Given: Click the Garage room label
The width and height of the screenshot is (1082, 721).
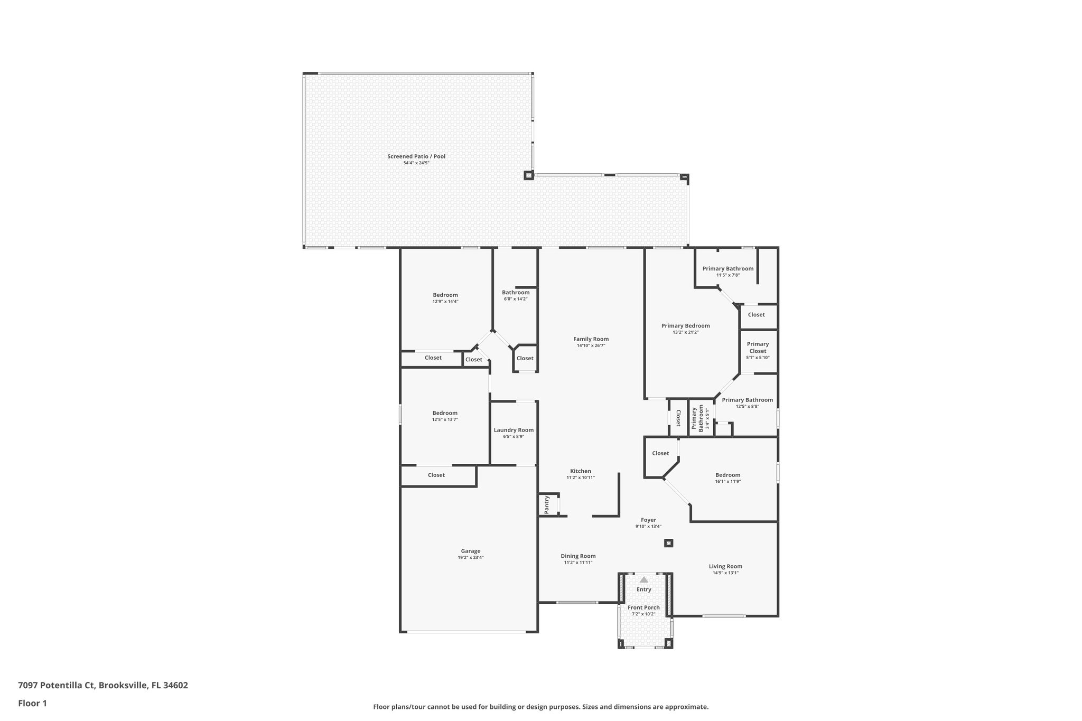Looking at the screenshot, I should point(470,551).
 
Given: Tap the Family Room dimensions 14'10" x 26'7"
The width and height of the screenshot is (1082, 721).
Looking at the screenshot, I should point(591,346).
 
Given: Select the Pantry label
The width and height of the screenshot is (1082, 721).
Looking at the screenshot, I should point(547,504).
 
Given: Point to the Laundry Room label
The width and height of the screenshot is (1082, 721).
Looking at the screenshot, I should point(514,430).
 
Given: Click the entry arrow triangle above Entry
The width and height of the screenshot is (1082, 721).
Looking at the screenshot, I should point(643,579).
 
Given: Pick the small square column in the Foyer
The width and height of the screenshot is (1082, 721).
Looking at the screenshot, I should point(668,543).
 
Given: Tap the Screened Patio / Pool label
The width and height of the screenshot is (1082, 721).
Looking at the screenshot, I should point(416,156).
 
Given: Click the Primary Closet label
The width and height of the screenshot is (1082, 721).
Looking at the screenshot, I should point(758,348).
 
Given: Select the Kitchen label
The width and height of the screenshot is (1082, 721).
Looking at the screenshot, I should point(581,471).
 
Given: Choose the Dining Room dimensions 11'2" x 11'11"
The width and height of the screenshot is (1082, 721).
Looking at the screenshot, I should point(578,563).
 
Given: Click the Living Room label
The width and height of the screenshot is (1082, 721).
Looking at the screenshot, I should point(725,566).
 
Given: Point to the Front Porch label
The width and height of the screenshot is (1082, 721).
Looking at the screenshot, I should point(643,607).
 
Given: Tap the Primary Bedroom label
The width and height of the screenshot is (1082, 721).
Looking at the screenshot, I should point(685,326).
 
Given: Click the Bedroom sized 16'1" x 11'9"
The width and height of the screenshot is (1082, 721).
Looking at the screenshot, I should point(727,475).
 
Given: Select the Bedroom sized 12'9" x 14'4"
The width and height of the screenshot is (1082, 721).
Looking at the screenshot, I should point(445,295).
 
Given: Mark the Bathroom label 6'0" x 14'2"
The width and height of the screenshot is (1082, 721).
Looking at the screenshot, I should point(516,293).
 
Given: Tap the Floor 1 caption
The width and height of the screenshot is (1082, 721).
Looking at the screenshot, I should point(33,703).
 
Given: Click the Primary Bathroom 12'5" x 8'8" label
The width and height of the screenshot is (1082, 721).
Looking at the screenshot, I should point(747,400).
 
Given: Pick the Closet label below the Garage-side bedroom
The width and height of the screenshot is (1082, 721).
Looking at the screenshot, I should point(436,475).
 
